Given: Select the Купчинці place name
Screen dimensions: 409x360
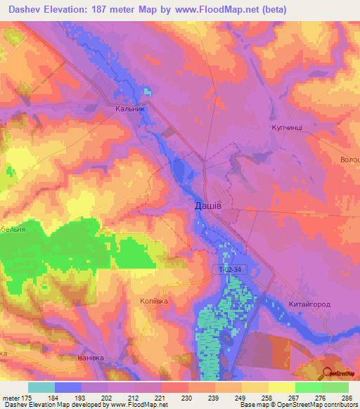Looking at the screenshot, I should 289,128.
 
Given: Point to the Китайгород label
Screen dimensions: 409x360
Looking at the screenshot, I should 309,304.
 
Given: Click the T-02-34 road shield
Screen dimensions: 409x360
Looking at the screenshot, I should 230,269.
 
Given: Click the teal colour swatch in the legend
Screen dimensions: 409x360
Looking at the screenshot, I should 41,387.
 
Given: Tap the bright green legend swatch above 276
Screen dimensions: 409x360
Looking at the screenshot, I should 309,387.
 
